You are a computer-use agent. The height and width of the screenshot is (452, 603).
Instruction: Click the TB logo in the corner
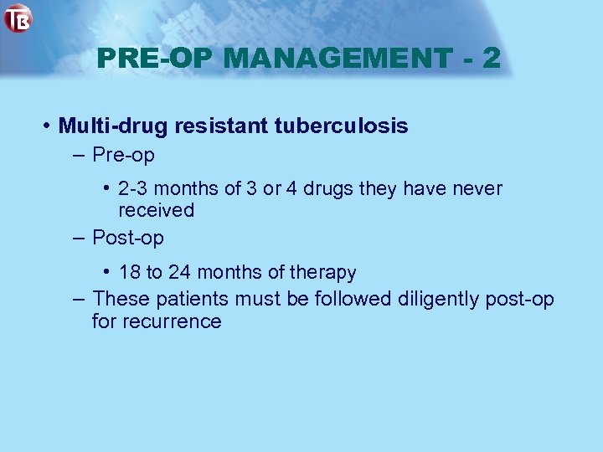[x=18, y=18]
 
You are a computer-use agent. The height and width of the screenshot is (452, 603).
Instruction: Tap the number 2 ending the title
[x=492, y=58]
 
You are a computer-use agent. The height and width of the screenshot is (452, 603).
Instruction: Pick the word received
[x=156, y=210]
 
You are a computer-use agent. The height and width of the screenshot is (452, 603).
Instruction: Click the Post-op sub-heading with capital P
[x=127, y=238]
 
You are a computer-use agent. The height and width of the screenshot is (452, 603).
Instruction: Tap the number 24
[x=180, y=272]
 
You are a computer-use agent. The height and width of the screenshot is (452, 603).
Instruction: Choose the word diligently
[x=437, y=299]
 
